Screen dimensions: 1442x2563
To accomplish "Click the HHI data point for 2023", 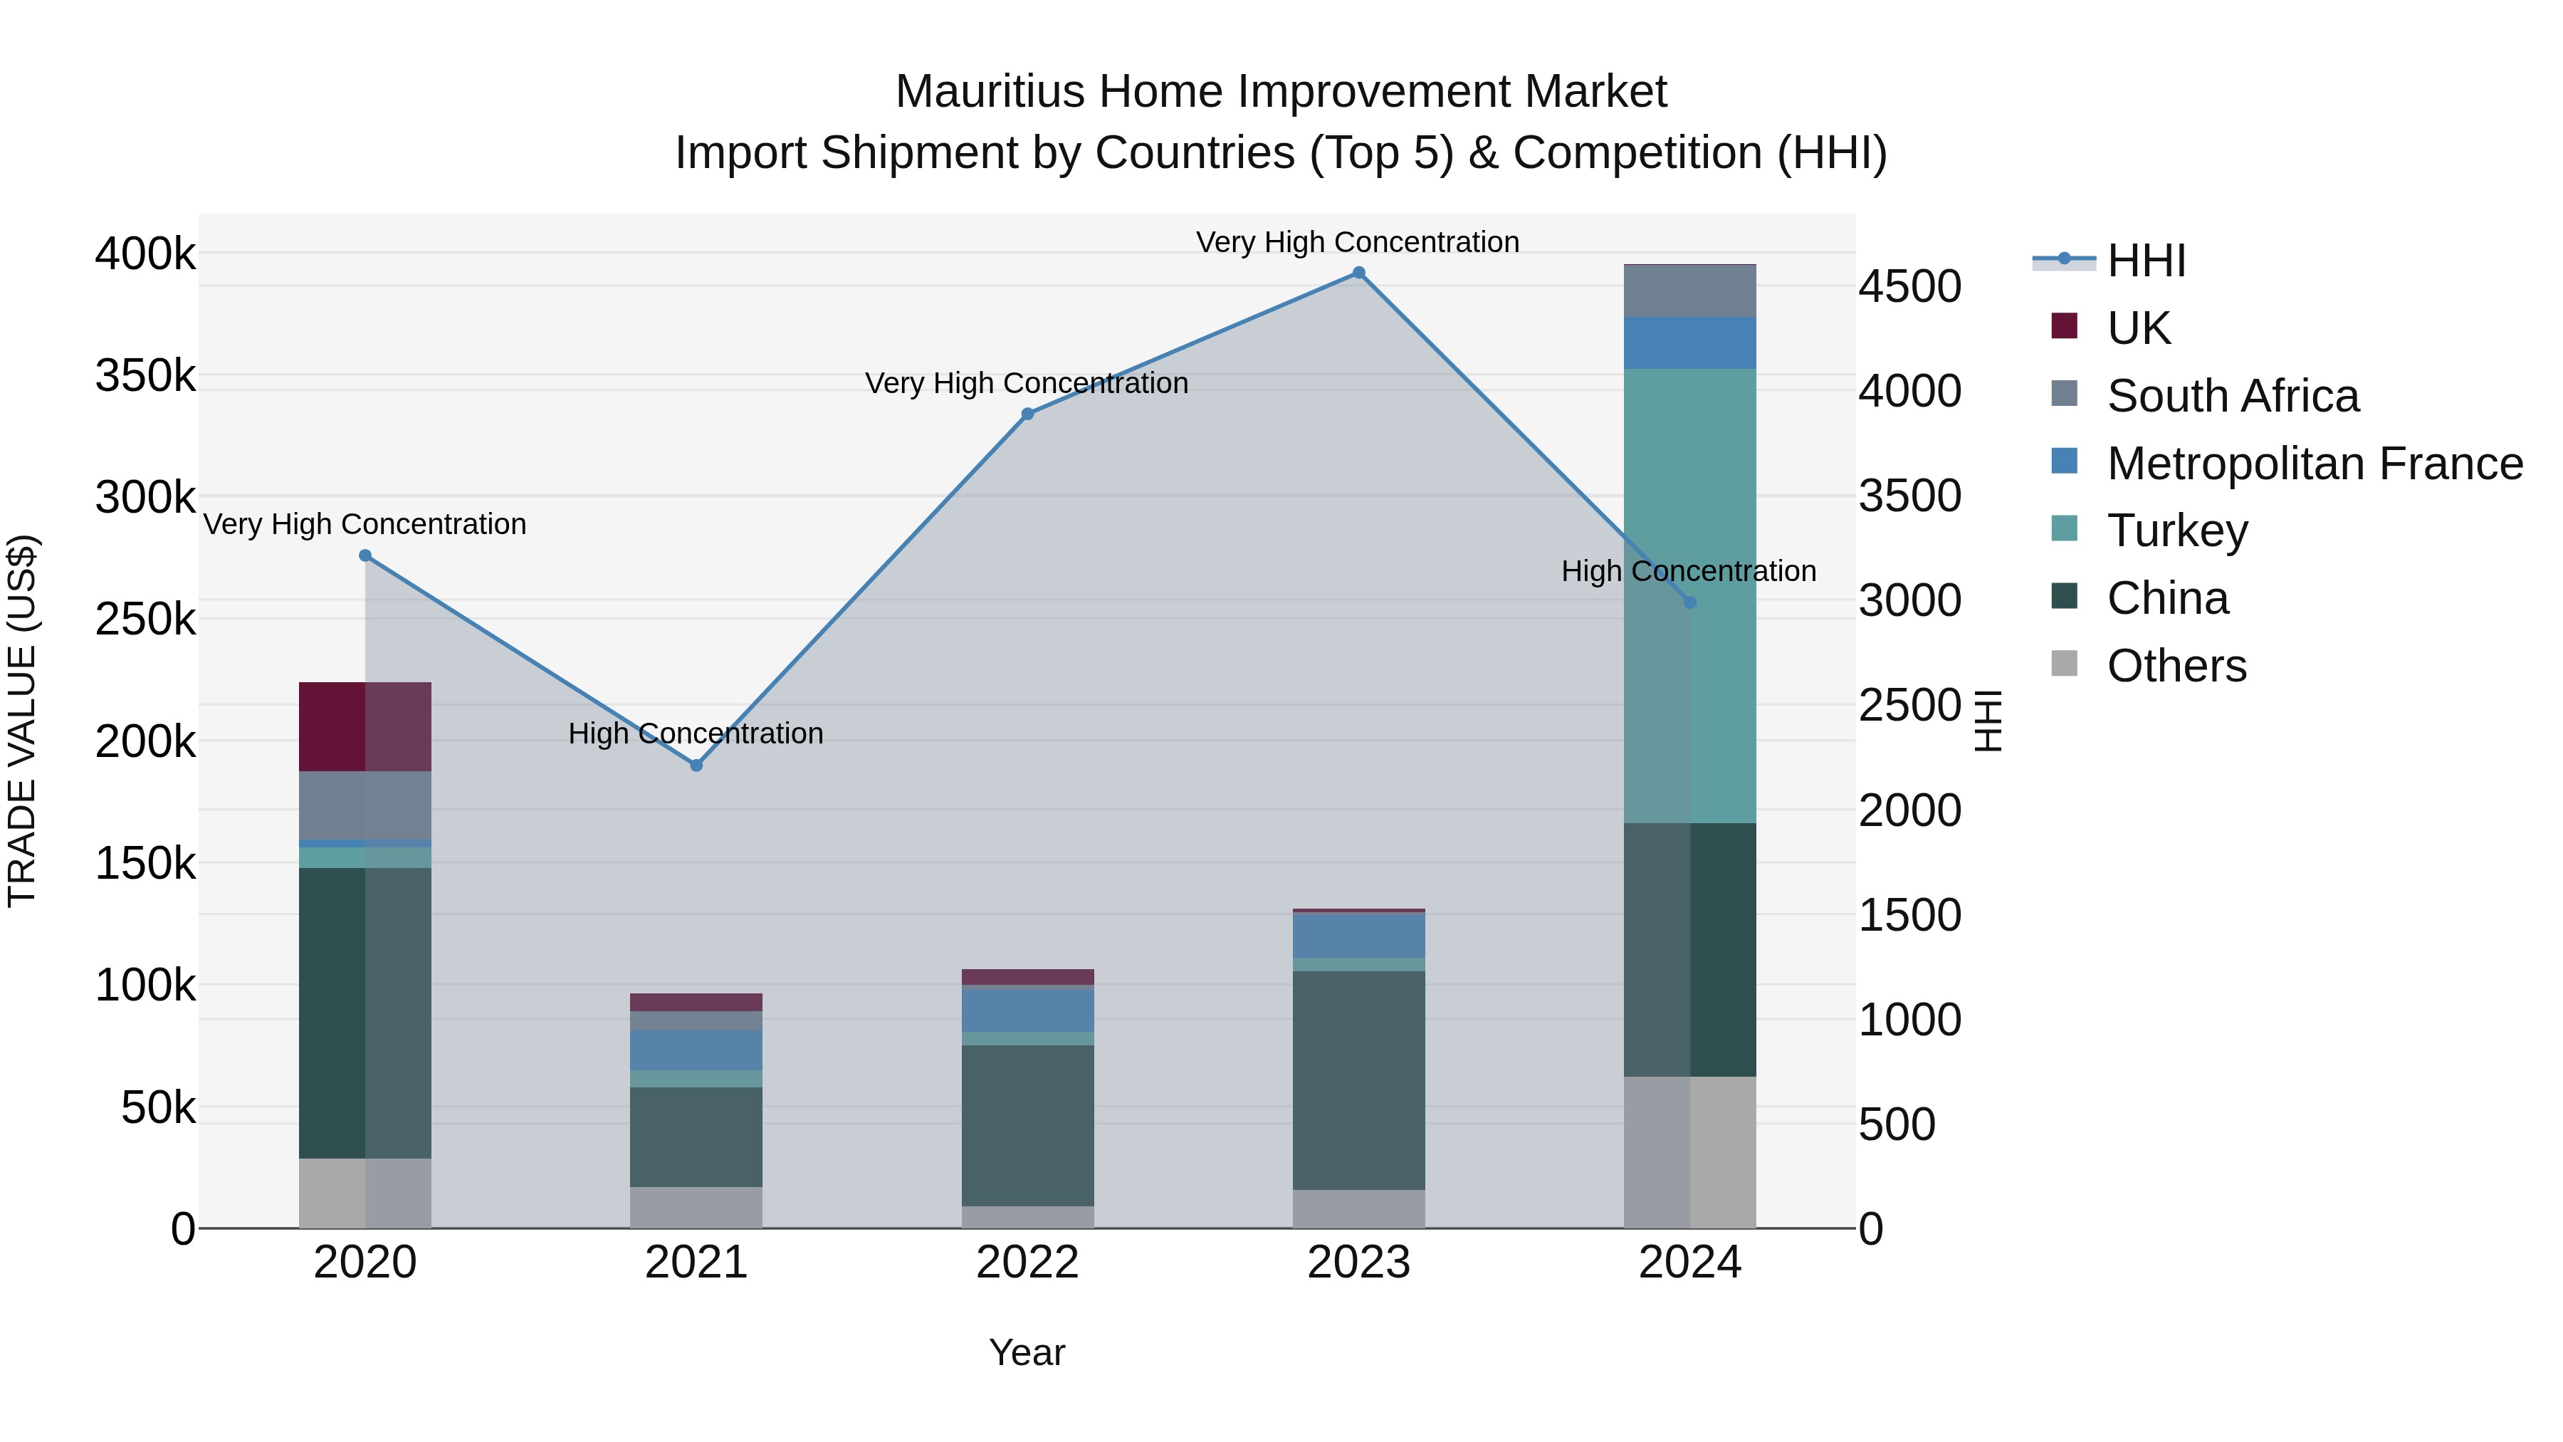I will coord(1358,273).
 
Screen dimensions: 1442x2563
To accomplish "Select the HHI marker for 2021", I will coord(696,766).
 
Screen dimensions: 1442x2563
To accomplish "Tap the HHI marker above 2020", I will coord(365,555).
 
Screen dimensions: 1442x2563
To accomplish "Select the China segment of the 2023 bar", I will coord(1358,1080).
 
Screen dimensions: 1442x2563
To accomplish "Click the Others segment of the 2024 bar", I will coord(1689,1151).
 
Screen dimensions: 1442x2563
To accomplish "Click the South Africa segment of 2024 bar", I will coord(1689,291).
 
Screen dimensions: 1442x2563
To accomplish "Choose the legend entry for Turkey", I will coord(2177,531).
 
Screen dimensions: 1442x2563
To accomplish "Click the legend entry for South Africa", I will coord(2232,396).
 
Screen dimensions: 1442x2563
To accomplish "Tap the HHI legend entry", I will coord(2145,261).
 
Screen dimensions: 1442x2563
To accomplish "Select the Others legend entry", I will coord(2176,666).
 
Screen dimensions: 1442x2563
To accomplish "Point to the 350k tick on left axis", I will coord(145,376).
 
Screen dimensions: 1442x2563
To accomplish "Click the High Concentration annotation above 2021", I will coord(696,733).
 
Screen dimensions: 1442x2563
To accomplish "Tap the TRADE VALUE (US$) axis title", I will coord(22,721).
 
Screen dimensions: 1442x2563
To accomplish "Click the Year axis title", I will coord(1027,1352).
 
